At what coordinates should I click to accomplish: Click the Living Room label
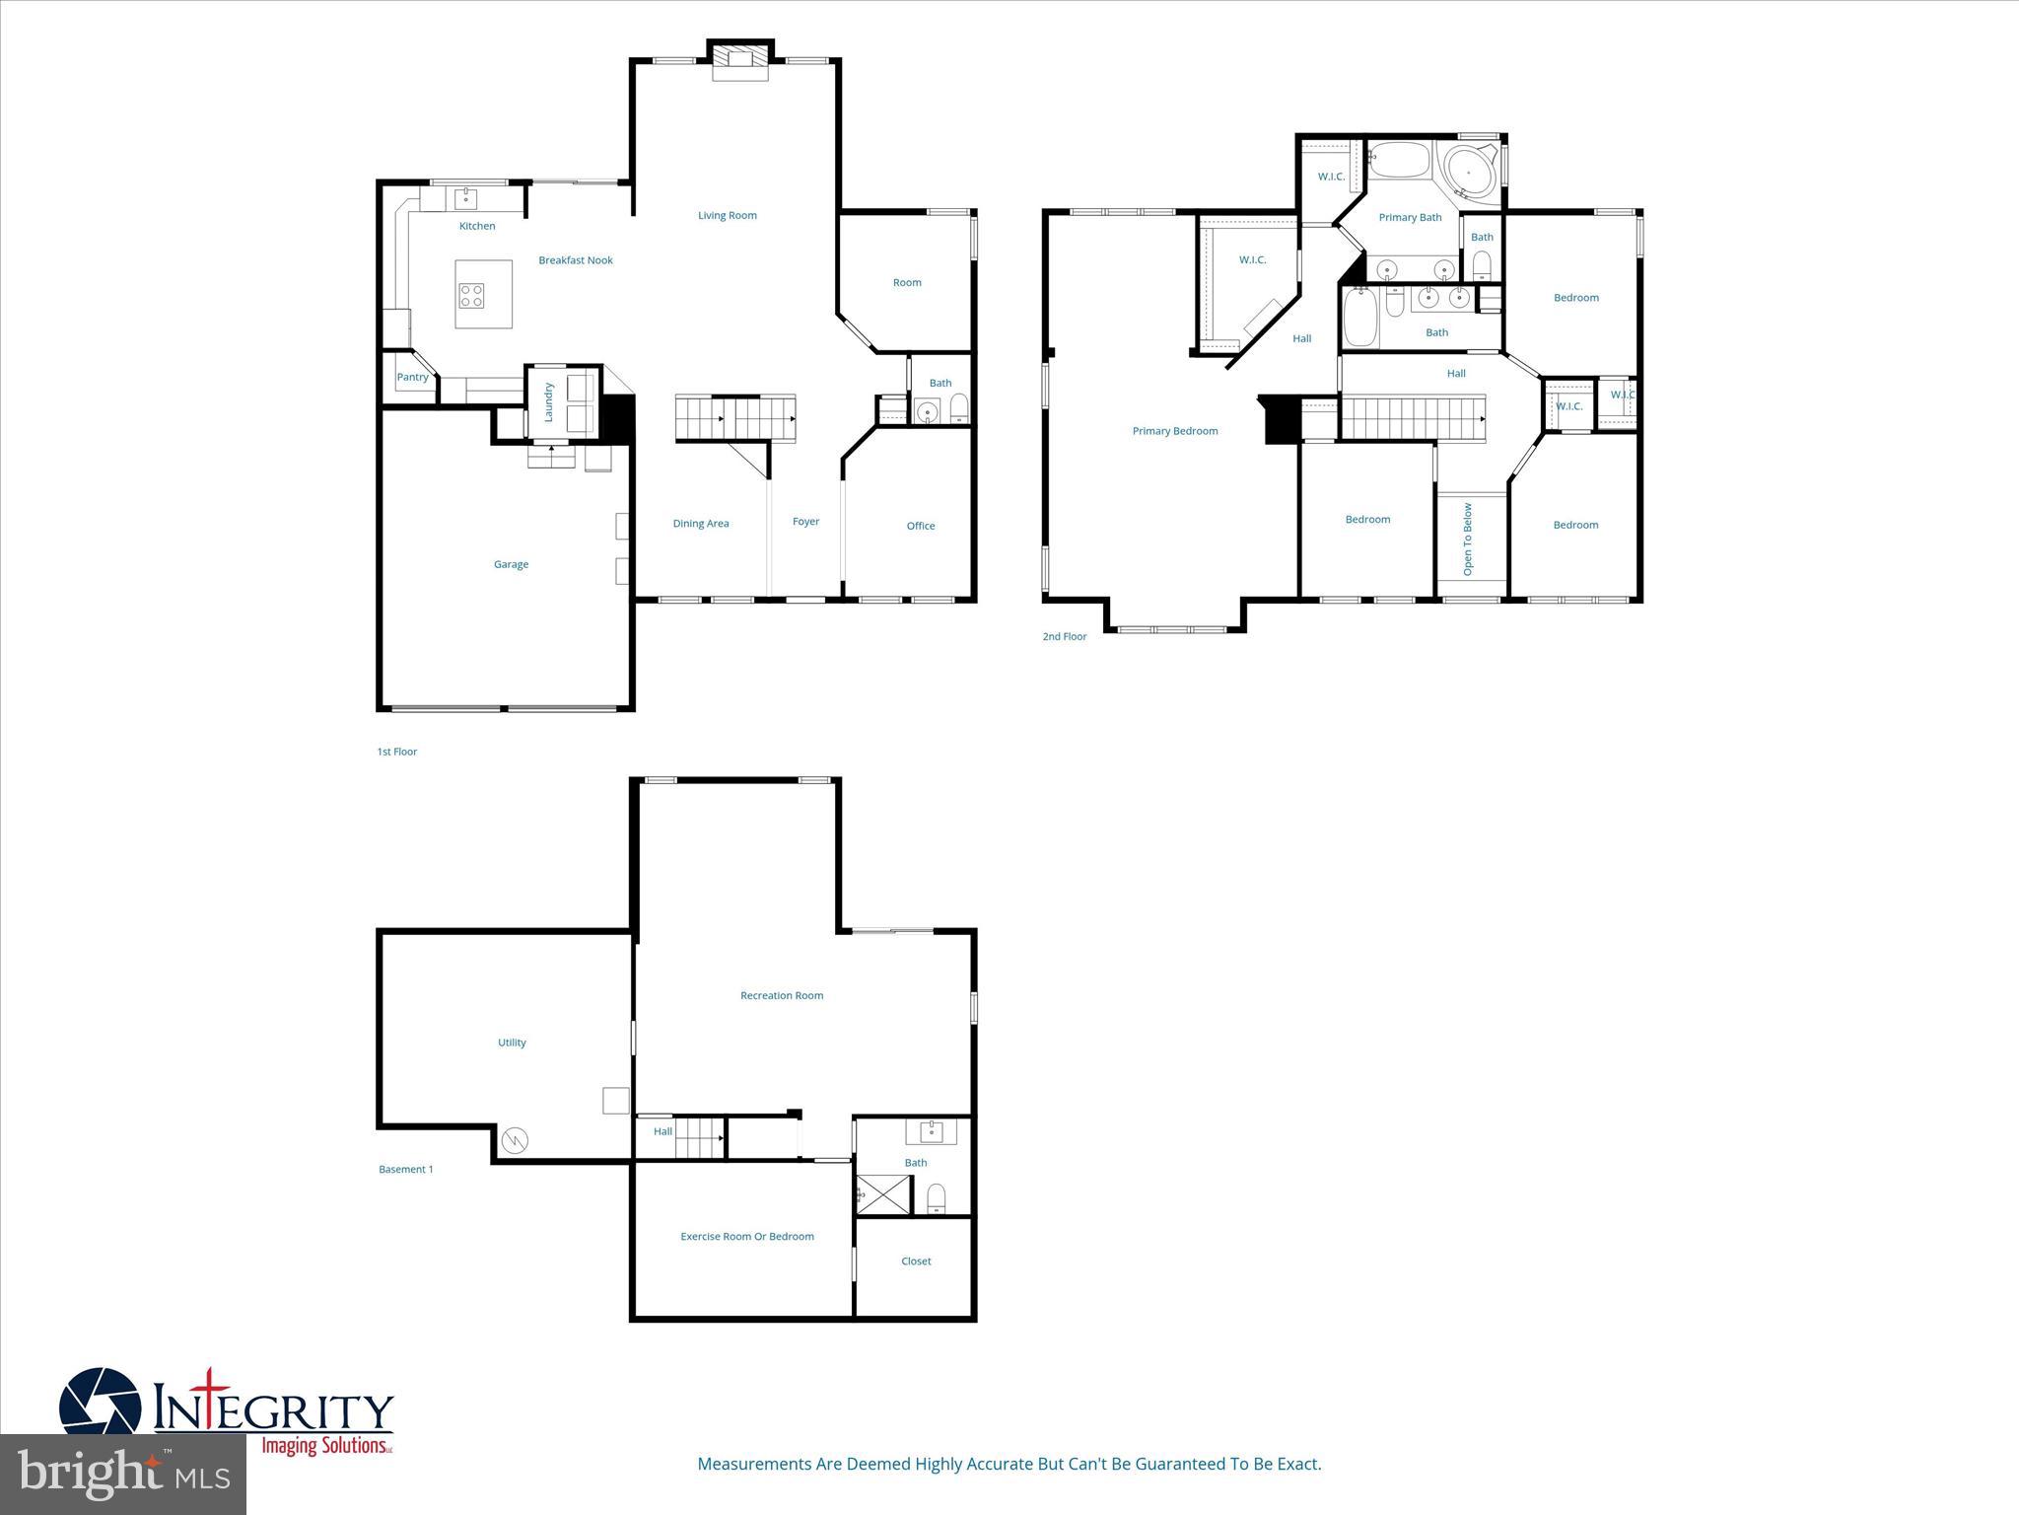click(x=728, y=215)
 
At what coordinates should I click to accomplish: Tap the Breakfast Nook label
click(x=576, y=260)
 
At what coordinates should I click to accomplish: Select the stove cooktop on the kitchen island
click(x=472, y=295)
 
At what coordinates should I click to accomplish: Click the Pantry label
click(x=413, y=377)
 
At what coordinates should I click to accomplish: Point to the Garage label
click(x=511, y=564)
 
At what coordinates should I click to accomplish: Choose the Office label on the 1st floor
click(x=921, y=526)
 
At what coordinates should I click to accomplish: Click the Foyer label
click(x=805, y=522)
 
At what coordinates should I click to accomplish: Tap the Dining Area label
click(x=701, y=524)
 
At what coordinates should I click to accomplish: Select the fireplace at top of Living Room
click(x=739, y=59)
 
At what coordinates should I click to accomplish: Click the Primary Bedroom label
click(x=1175, y=431)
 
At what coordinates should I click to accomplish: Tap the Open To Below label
click(x=1468, y=540)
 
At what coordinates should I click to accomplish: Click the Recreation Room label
click(x=782, y=995)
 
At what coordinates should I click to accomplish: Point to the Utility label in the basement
click(x=512, y=1043)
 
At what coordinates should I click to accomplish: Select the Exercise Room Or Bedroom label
click(x=747, y=1236)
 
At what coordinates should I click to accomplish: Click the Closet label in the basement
click(x=916, y=1262)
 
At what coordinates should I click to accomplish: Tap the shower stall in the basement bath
click(x=884, y=1194)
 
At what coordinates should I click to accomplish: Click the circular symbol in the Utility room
click(x=516, y=1141)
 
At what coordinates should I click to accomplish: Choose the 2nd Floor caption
click(x=1065, y=636)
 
